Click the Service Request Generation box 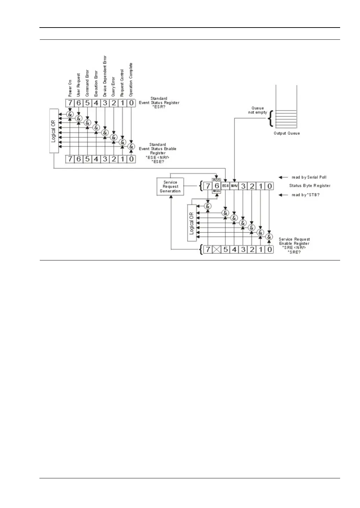click(x=170, y=187)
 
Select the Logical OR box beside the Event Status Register click(x=54, y=131)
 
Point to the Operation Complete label click(x=131, y=79)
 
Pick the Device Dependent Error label click(x=105, y=76)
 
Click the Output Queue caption click(x=286, y=133)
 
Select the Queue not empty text click(x=258, y=110)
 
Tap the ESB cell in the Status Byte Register click(x=225, y=186)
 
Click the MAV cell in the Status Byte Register click(x=234, y=186)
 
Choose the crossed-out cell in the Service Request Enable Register click(x=217, y=250)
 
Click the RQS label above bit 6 click(x=217, y=180)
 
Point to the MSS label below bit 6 click(x=217, y=191)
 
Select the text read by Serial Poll click(x=309, y=177)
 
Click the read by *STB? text click(x=306, y=195)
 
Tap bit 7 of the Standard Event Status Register click(x=70, y=103)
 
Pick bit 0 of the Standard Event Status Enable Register click(x=131, y=159)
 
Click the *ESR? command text click(x=159, y=107)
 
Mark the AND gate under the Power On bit click(x=70, y=114)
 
